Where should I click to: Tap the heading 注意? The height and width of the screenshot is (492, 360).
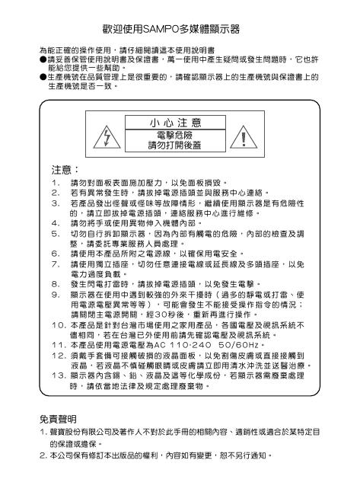point(64,169)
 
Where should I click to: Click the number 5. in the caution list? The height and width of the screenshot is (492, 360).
point(53,232)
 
